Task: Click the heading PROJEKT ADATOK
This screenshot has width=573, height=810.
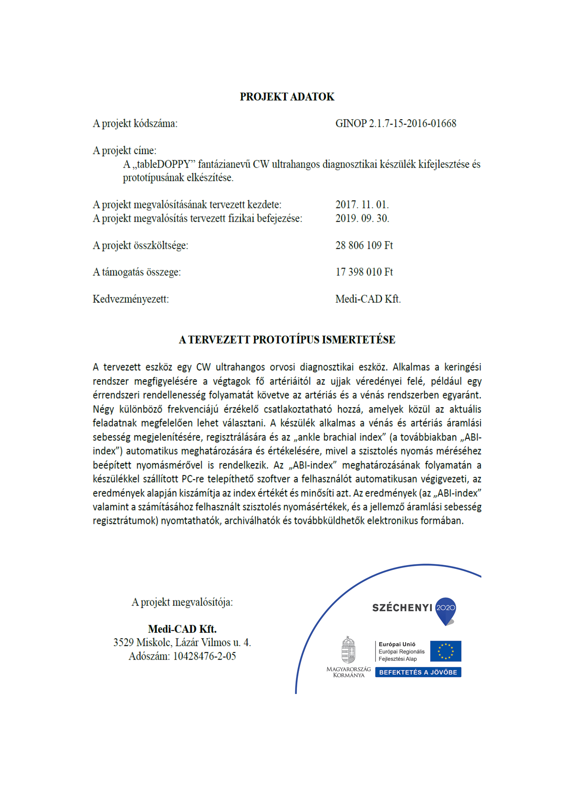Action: click(286, 97)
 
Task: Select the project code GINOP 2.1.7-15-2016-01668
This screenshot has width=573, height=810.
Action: click(395, 124)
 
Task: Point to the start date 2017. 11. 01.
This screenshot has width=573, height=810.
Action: click(362, 205)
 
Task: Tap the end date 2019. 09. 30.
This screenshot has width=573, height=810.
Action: click(362, 218)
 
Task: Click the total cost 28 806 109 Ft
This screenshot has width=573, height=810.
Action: click(364, 245)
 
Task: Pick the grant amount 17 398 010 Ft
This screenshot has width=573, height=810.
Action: click(364, 272)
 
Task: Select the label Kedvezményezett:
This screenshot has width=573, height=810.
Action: click(130, 299)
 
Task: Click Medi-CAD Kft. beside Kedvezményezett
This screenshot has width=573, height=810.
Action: click(368, 299)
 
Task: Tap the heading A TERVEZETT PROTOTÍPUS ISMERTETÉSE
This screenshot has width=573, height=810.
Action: click(286, 340)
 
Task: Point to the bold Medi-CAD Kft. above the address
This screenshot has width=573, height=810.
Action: click(182, 629)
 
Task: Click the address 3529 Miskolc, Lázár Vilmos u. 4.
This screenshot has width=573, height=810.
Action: click(182, 642)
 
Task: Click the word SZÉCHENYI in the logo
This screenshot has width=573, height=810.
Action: click(402, 608)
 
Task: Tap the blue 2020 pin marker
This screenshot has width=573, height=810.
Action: click(445, 609)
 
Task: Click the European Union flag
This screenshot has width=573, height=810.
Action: click(445, 651)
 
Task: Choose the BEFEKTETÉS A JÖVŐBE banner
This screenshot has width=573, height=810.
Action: click(418, 672)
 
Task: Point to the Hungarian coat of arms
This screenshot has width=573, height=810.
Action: click(348, 650)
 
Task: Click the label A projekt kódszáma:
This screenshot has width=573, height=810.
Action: click(135, 124)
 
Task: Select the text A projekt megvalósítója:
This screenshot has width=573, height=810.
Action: click(182, 602)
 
